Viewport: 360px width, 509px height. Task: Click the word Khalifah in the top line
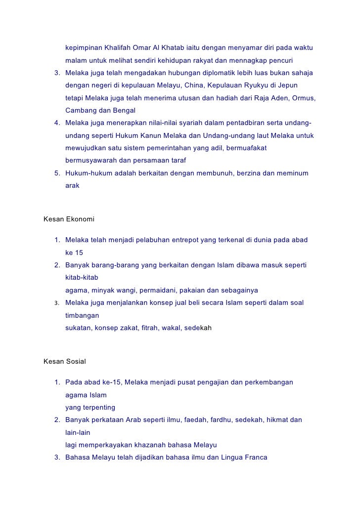click(118, 48)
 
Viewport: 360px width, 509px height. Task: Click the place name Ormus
click(303, 98)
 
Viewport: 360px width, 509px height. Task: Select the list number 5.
click(57, 173)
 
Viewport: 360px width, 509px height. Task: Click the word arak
click(72, 186)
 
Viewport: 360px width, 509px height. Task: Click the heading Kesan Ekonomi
click(69, 218)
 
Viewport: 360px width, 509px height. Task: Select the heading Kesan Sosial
click(65, 361)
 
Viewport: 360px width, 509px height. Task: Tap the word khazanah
click(157, 445)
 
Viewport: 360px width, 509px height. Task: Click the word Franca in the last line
click(255, 458)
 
